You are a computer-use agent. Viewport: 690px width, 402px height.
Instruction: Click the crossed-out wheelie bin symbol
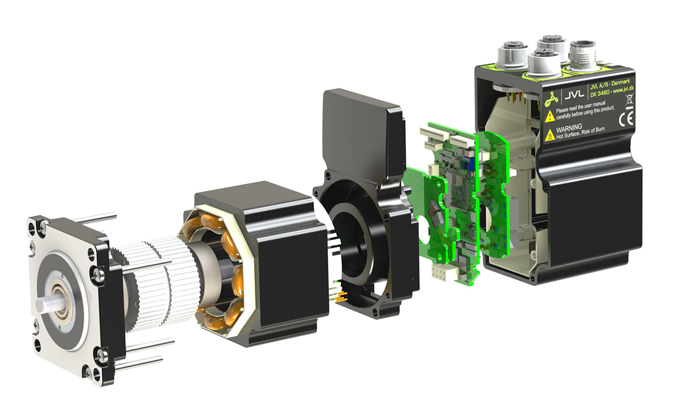pos(628,105)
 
